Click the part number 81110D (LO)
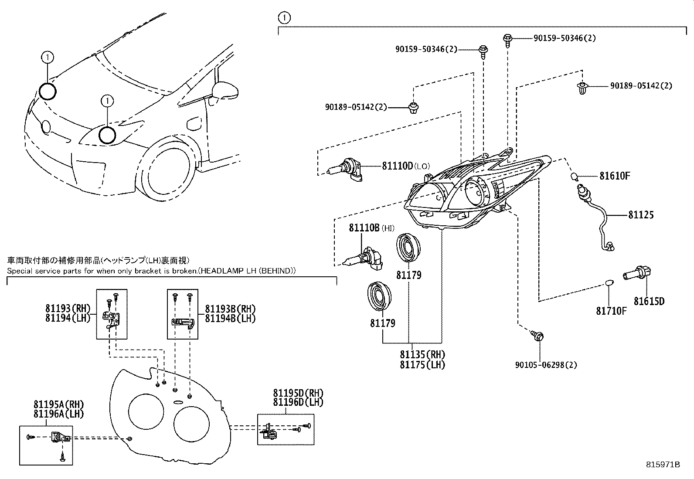pos(397,166)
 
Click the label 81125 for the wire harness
pos(641,215)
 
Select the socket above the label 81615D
pos(637,274)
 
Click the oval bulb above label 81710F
pos(609,285)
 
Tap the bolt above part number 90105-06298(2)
pos(538,336)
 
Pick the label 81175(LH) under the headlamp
pos(422,365)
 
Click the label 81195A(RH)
pos(58,404)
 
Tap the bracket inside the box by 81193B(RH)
pos(183,323)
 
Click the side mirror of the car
pos(225,90)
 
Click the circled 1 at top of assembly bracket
pos(284,18)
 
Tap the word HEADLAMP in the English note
pos(232,271)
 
